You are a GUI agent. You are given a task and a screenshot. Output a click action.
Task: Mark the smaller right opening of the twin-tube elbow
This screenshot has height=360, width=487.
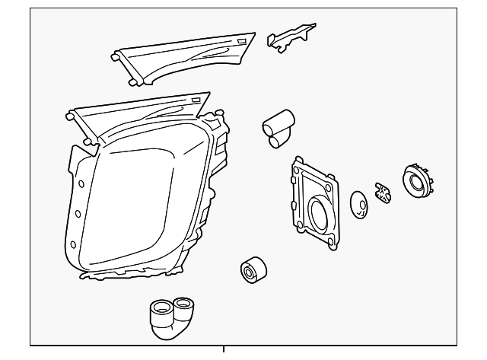[x=185, y=305]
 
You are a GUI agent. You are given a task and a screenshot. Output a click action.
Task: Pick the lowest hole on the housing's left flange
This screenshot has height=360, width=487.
[x=72, y=244]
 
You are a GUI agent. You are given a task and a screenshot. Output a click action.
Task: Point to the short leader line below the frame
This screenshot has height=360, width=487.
[x=224, y=351]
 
